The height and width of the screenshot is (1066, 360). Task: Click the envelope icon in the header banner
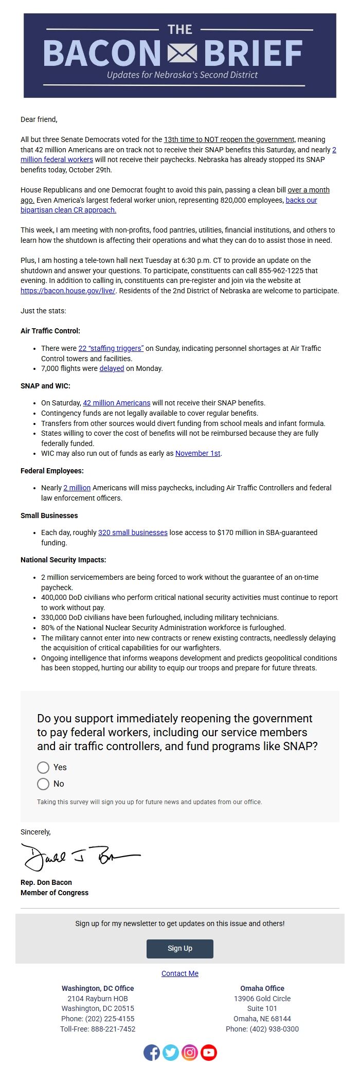182,52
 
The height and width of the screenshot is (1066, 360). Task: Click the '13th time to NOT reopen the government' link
229,139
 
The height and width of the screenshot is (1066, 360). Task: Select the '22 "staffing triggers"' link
111,348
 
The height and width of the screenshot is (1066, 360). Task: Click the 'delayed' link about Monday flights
112,368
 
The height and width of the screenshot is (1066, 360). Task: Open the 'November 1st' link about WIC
198,453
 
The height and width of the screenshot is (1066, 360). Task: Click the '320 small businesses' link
133,532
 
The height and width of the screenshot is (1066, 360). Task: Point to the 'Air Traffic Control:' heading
50,331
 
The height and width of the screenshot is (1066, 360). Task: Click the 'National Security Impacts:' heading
63,560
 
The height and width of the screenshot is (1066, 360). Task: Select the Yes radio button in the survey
43,767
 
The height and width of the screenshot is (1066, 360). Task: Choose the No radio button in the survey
43,784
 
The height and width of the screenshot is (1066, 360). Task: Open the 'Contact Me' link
180,973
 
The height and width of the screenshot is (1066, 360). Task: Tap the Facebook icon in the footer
152,1053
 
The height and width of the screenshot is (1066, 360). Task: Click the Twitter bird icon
171,1053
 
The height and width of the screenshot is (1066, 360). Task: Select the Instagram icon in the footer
190,1053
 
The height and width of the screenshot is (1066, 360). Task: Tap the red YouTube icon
209,1053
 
